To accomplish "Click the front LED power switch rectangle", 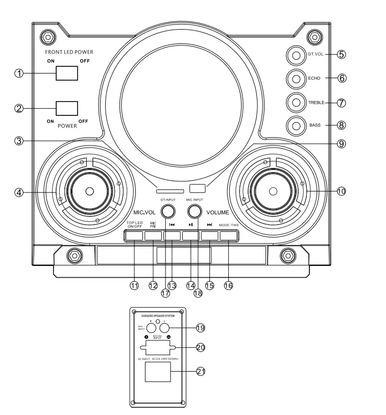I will (x=67, y=73).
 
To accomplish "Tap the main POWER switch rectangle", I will (x=67, y=108).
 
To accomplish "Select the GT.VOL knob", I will (x=295, y=54).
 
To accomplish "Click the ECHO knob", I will (x=295, y=78).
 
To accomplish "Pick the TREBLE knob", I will (x=295, y=102).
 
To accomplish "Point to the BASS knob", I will (x=295, y=125).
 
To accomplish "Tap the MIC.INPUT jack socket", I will (x=194, y=211).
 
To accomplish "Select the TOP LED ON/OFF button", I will (x=134, y=236).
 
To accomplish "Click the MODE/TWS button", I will (x=229, y=236).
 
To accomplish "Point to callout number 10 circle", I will (x=342, y=191).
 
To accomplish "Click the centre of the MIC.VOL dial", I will (x=89, y=191).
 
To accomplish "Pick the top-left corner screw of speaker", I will (x=47, y=37).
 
